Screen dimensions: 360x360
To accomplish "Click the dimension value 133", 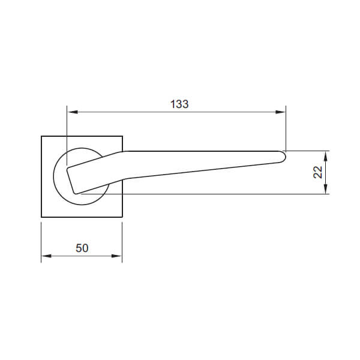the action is [x=179, y=104].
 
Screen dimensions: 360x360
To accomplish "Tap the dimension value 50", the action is [x=82, y=248].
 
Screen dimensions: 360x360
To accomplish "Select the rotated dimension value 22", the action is [x=318, y=172].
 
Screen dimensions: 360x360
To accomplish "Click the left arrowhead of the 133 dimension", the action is [x=73, y=112].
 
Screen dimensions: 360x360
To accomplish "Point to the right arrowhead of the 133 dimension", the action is [x=280, y=112].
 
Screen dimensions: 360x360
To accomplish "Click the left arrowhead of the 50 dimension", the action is [x=46, y=256].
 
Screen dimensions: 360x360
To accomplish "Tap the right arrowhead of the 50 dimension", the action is [x=116, y=256].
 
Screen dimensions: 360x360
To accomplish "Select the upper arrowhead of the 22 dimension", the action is [x=326, y=156].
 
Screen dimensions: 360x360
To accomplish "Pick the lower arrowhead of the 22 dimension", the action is [x=326, y=189].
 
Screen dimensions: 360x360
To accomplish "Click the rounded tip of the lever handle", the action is [x=286, y=157].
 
